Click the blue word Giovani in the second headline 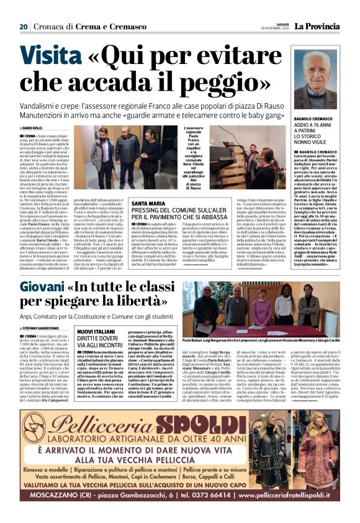click(x=42, y=288)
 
